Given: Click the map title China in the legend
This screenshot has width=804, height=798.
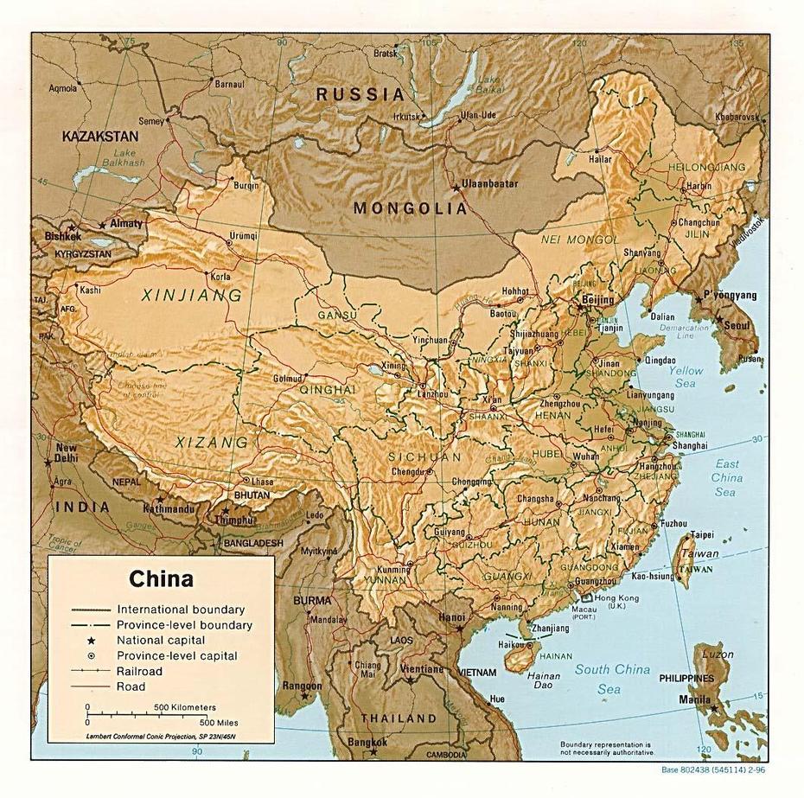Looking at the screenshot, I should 161,578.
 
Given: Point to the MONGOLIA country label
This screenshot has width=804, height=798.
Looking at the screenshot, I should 411,208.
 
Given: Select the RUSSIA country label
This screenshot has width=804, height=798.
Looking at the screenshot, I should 360,94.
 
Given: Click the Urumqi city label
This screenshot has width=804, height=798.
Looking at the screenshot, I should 244,235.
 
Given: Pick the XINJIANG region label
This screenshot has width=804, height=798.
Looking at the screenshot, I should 192,296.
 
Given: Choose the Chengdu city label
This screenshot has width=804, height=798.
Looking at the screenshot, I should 408,471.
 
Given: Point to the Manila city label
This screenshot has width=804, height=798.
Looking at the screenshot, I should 695,699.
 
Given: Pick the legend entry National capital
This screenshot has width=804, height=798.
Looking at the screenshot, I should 161,640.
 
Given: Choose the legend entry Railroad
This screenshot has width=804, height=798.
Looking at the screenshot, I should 139,671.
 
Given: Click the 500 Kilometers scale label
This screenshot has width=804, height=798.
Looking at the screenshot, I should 185,707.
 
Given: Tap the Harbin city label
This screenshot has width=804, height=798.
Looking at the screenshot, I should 699,186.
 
